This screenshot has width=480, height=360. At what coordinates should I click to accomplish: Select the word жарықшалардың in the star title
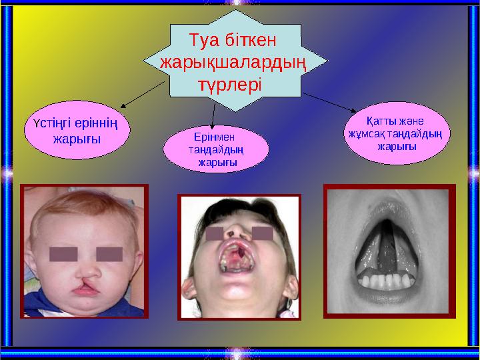(x=234, y=63)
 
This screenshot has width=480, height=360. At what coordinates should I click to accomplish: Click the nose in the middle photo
(x=234, y=234)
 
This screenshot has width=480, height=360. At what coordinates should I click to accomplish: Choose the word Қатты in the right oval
(x=381, y=121)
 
